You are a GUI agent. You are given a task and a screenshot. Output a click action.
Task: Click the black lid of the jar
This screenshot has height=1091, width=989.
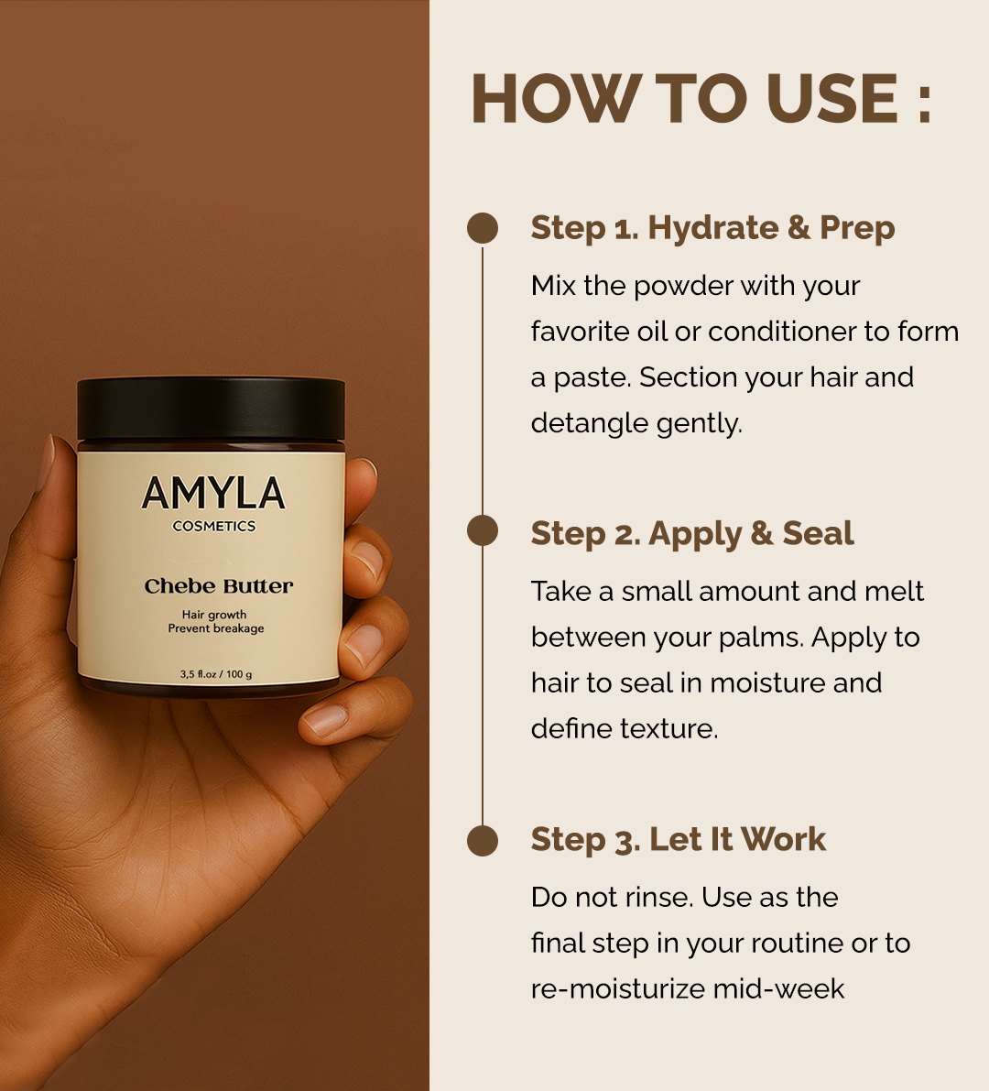click(x=211, y=409)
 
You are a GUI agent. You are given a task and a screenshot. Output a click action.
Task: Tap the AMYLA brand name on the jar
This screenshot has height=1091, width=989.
click(x=213, y=494)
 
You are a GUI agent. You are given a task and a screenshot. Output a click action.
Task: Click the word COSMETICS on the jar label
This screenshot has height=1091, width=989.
click(x=213, y=527)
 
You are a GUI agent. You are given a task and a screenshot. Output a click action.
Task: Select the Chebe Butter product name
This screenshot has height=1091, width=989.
click(x=219, y=586)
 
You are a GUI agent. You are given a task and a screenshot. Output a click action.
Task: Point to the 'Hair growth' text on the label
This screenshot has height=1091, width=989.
click(x=214, y=615)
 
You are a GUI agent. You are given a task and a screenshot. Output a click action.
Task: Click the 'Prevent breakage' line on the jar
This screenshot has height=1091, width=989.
click(x=216, y=628)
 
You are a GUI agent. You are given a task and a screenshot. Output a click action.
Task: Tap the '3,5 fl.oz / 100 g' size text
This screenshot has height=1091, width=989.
click(x=216, y=674)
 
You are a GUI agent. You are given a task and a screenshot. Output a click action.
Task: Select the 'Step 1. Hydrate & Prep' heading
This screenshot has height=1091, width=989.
click(x=712, y=228)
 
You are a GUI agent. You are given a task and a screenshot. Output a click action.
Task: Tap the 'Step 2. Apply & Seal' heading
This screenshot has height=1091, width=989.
click(x=691, y=534)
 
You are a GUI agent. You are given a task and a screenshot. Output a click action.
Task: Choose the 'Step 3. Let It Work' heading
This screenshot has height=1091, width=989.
click(x=678, y=840)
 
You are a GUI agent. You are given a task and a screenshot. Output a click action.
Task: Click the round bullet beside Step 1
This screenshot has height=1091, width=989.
click(x=483, y=228)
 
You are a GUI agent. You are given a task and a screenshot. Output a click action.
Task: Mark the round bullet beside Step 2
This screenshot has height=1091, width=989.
click(x=483, y=531)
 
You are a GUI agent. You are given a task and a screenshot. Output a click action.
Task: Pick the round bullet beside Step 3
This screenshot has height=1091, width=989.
click(x=483, y=840)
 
